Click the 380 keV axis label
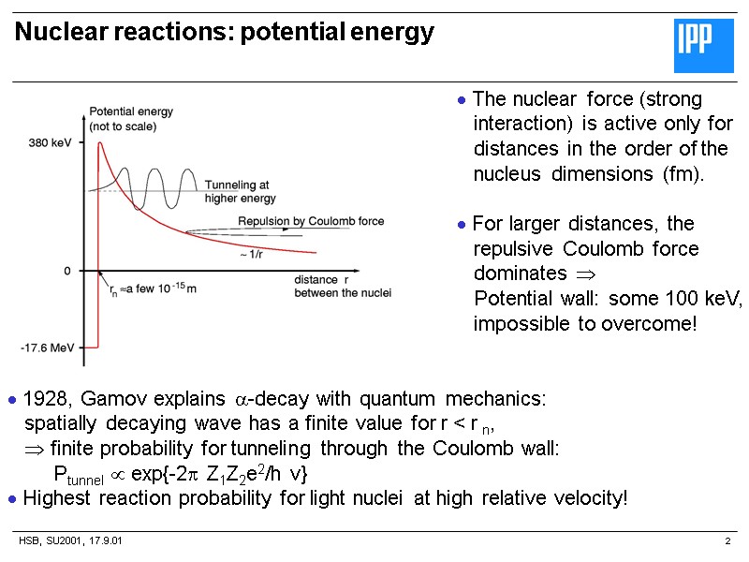(x=51, y=143)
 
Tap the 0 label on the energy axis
(x=67, y=271)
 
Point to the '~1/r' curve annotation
(x=251, y=255)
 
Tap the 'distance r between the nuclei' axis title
(x=342, y=287)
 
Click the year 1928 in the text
(x=43, y=398)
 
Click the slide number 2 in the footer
(x=727, y=542)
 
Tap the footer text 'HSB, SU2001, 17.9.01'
(x=71, y=542)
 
